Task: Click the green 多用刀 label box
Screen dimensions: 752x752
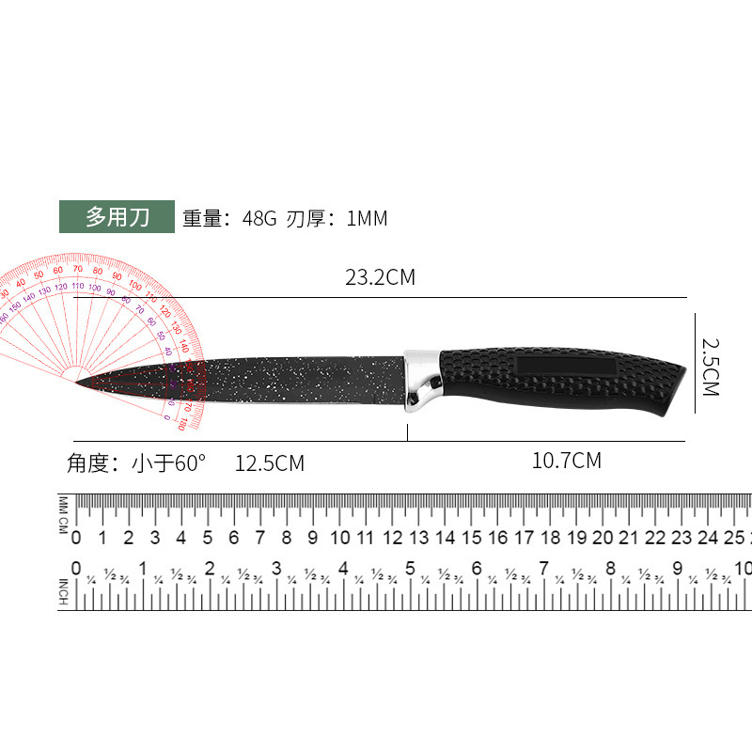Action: tap(117, 217)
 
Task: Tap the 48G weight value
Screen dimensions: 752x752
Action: tap(258, 219)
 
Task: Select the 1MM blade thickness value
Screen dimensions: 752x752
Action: tap(367, 219)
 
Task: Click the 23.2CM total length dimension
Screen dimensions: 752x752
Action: tap(380, 277)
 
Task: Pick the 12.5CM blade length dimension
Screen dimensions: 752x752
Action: tap(270, 463)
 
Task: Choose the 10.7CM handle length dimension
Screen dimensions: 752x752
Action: tap(566, 461)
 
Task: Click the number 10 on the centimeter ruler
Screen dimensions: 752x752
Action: tap(340, 539)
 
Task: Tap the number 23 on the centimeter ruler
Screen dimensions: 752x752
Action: tap(682, 539)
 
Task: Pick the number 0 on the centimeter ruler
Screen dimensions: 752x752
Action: tap(77, 539)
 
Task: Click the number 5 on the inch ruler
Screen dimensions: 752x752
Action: tap(410, 569)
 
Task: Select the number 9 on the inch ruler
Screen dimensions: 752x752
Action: tap(677, 569)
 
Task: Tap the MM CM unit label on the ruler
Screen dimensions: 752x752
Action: tap(64, 515)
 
